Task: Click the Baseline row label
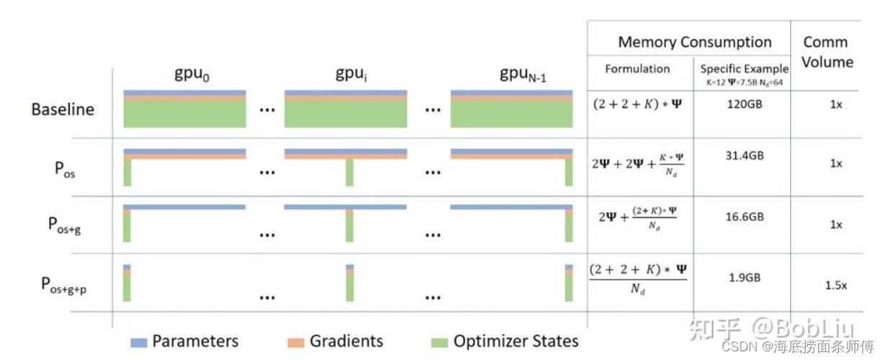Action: [63, 110]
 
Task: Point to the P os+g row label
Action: [69, 224]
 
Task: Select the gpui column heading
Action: [352, 74]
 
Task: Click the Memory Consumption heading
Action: [694, 42]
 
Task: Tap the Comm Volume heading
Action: [827, 52]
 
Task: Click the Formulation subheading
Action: [637, 69]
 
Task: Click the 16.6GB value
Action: [741, 216]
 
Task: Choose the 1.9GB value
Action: [741, 277]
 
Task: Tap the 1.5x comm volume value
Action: [835, 285]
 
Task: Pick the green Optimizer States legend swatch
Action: [439, 341]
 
